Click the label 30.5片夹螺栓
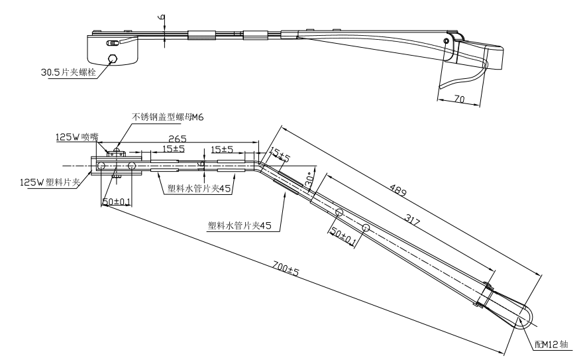69,72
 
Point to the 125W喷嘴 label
76,138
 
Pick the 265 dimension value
176,139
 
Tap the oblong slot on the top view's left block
113,43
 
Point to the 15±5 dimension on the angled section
280,157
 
